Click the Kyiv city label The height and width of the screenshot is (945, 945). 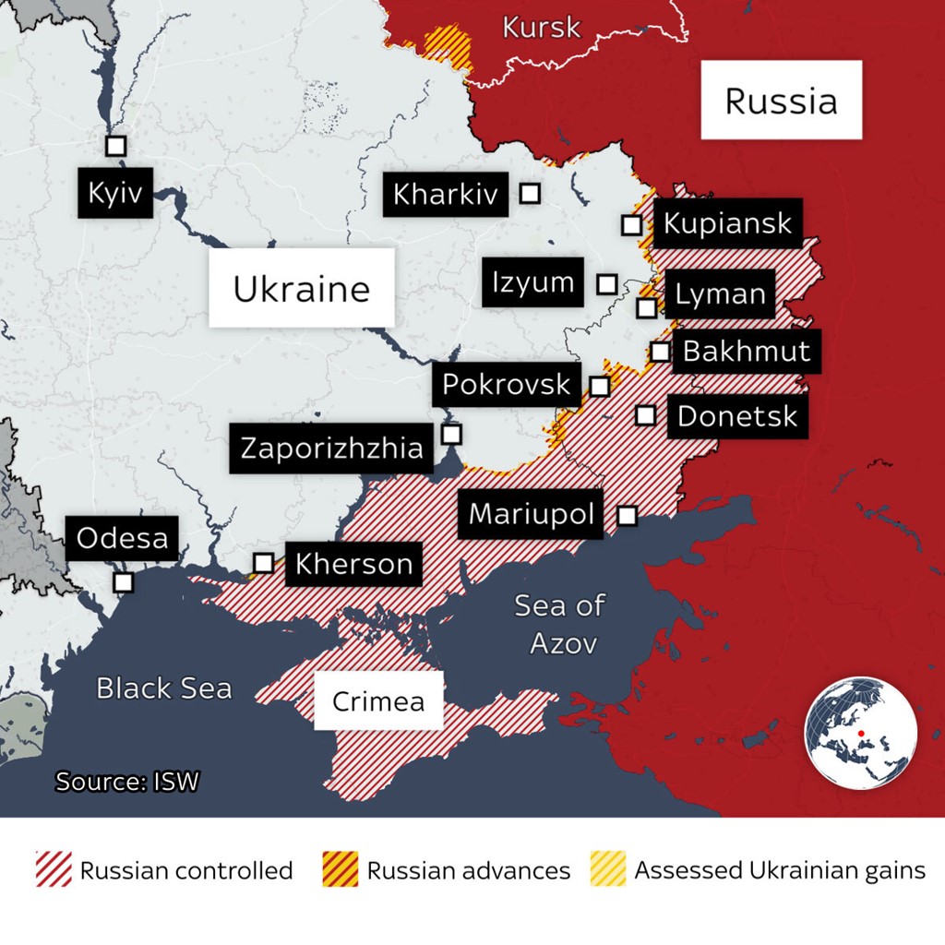pyautogui.click(x=115, y=193)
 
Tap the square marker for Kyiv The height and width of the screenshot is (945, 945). pyautogui.click(x=115, y=146)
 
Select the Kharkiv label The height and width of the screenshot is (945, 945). pyautogui.click(x=446, y=194)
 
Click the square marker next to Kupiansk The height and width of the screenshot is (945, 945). pyautogui.click(x=631, y=224)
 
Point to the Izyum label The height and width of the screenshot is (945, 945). pyautogui.click(x=533, y=282)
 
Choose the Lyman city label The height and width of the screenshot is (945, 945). pyautogui.click(x=720, y=294)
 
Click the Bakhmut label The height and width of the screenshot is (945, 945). pyautogui.click(x=746, y=351)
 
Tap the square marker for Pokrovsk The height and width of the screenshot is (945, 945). pyautogui.click(x=600, y=386)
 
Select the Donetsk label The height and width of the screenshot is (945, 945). pyautogui.click(x=736, y=415)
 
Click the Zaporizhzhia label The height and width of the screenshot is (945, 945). pyautogui.click(x=331, y=449)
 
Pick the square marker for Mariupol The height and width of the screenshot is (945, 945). pyautogui.click(x=627, y=515)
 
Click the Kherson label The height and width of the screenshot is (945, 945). pyautogui.click(x=353, y=563)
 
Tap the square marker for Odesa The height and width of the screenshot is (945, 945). pyautogui.click(x=123, y=582)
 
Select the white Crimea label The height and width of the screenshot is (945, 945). pyautogui.click(x=378, y=700)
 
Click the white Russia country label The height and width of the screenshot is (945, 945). pyautogui.click(x=781, y=100)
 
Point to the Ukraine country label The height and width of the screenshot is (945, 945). pyautogui.click(x=301, y=288)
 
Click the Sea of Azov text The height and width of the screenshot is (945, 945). pyautogui.click(x=559, y=624)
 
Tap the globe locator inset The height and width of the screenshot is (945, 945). pyautogui.click(x=861, y=733)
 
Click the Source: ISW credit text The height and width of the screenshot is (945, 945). pyautogui.click(x=127, y=782)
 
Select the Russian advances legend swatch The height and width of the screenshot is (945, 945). pyautogui.click(x=340, y=869)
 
